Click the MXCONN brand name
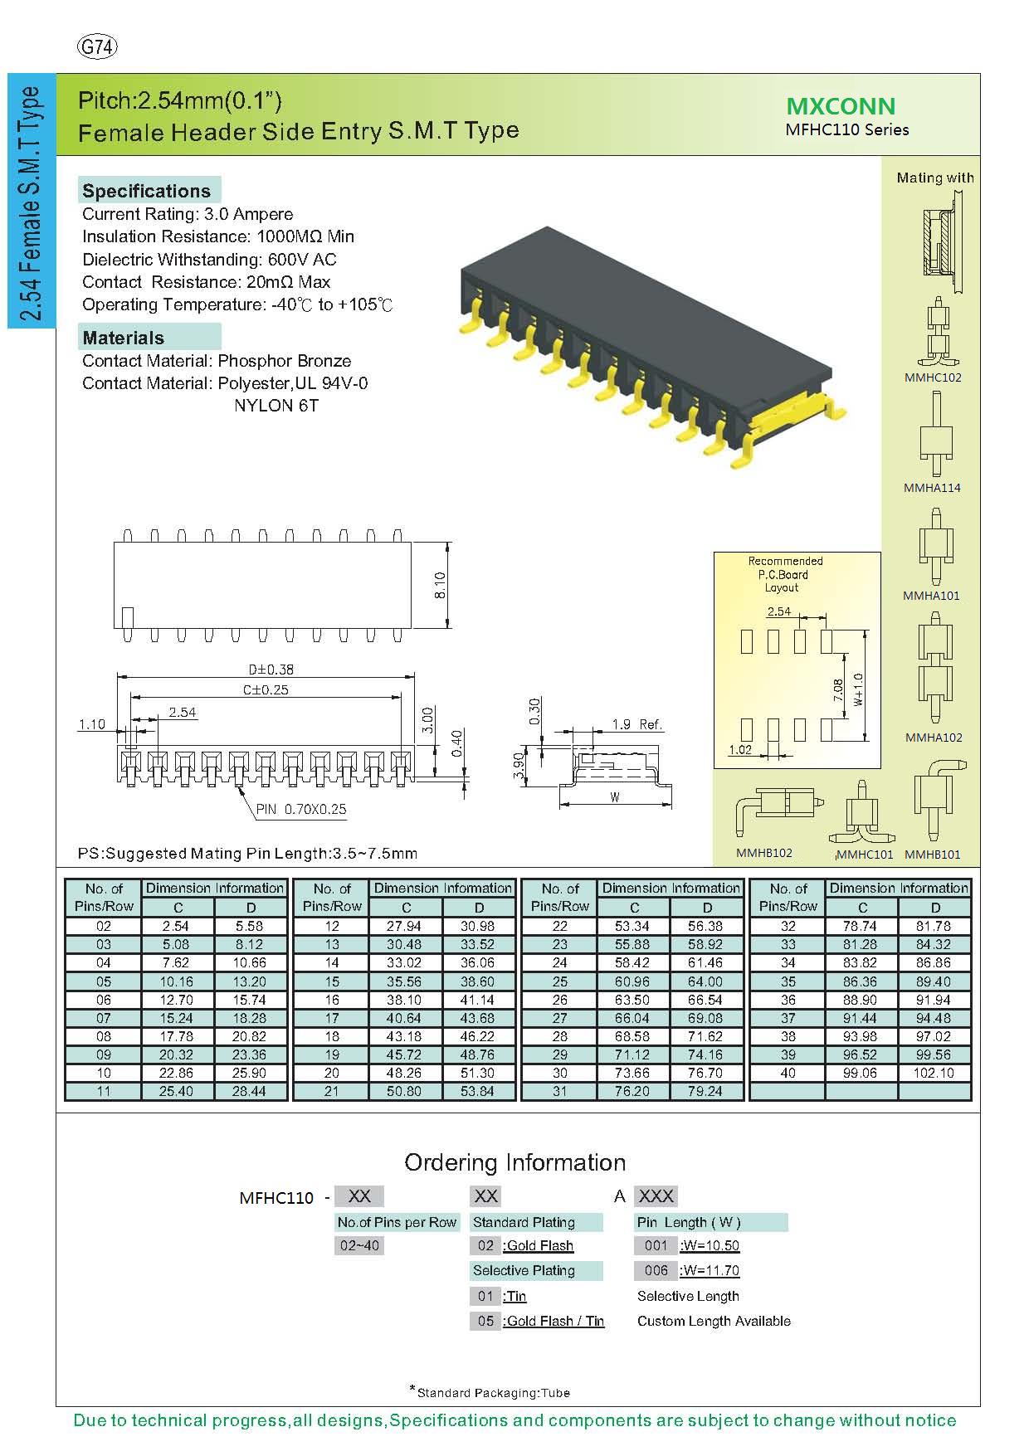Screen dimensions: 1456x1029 [x=841, y=106]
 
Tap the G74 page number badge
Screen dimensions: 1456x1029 [x=97, y=47]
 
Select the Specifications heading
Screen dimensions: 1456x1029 [x=147, y=191]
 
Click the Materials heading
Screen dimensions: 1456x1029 [x=124, y=338]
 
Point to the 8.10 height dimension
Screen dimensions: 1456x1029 [x=441, y=585]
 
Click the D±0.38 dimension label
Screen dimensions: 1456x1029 [x=271, y=669]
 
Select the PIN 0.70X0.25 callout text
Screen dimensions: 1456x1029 [x=301, y=809]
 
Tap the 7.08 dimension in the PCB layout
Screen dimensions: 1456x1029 [x=838, y=689]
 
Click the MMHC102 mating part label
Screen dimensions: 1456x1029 [x=933, y=377]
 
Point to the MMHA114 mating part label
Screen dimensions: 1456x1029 [x=932, y=488]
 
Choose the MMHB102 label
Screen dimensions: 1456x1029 [x=764, y=853]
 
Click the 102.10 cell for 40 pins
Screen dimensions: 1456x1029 [x=934, y=1073]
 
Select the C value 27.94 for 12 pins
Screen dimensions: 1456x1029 [x=406, y=926]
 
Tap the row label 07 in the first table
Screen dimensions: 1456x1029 [x=104, y=1018]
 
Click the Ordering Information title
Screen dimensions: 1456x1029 [x=514, y=1162]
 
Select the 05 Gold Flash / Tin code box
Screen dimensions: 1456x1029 [x=485, y=1321]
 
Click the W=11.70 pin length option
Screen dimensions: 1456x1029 [x=710, y=1270]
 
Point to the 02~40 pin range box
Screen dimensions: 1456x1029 [x=359, y=1245]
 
